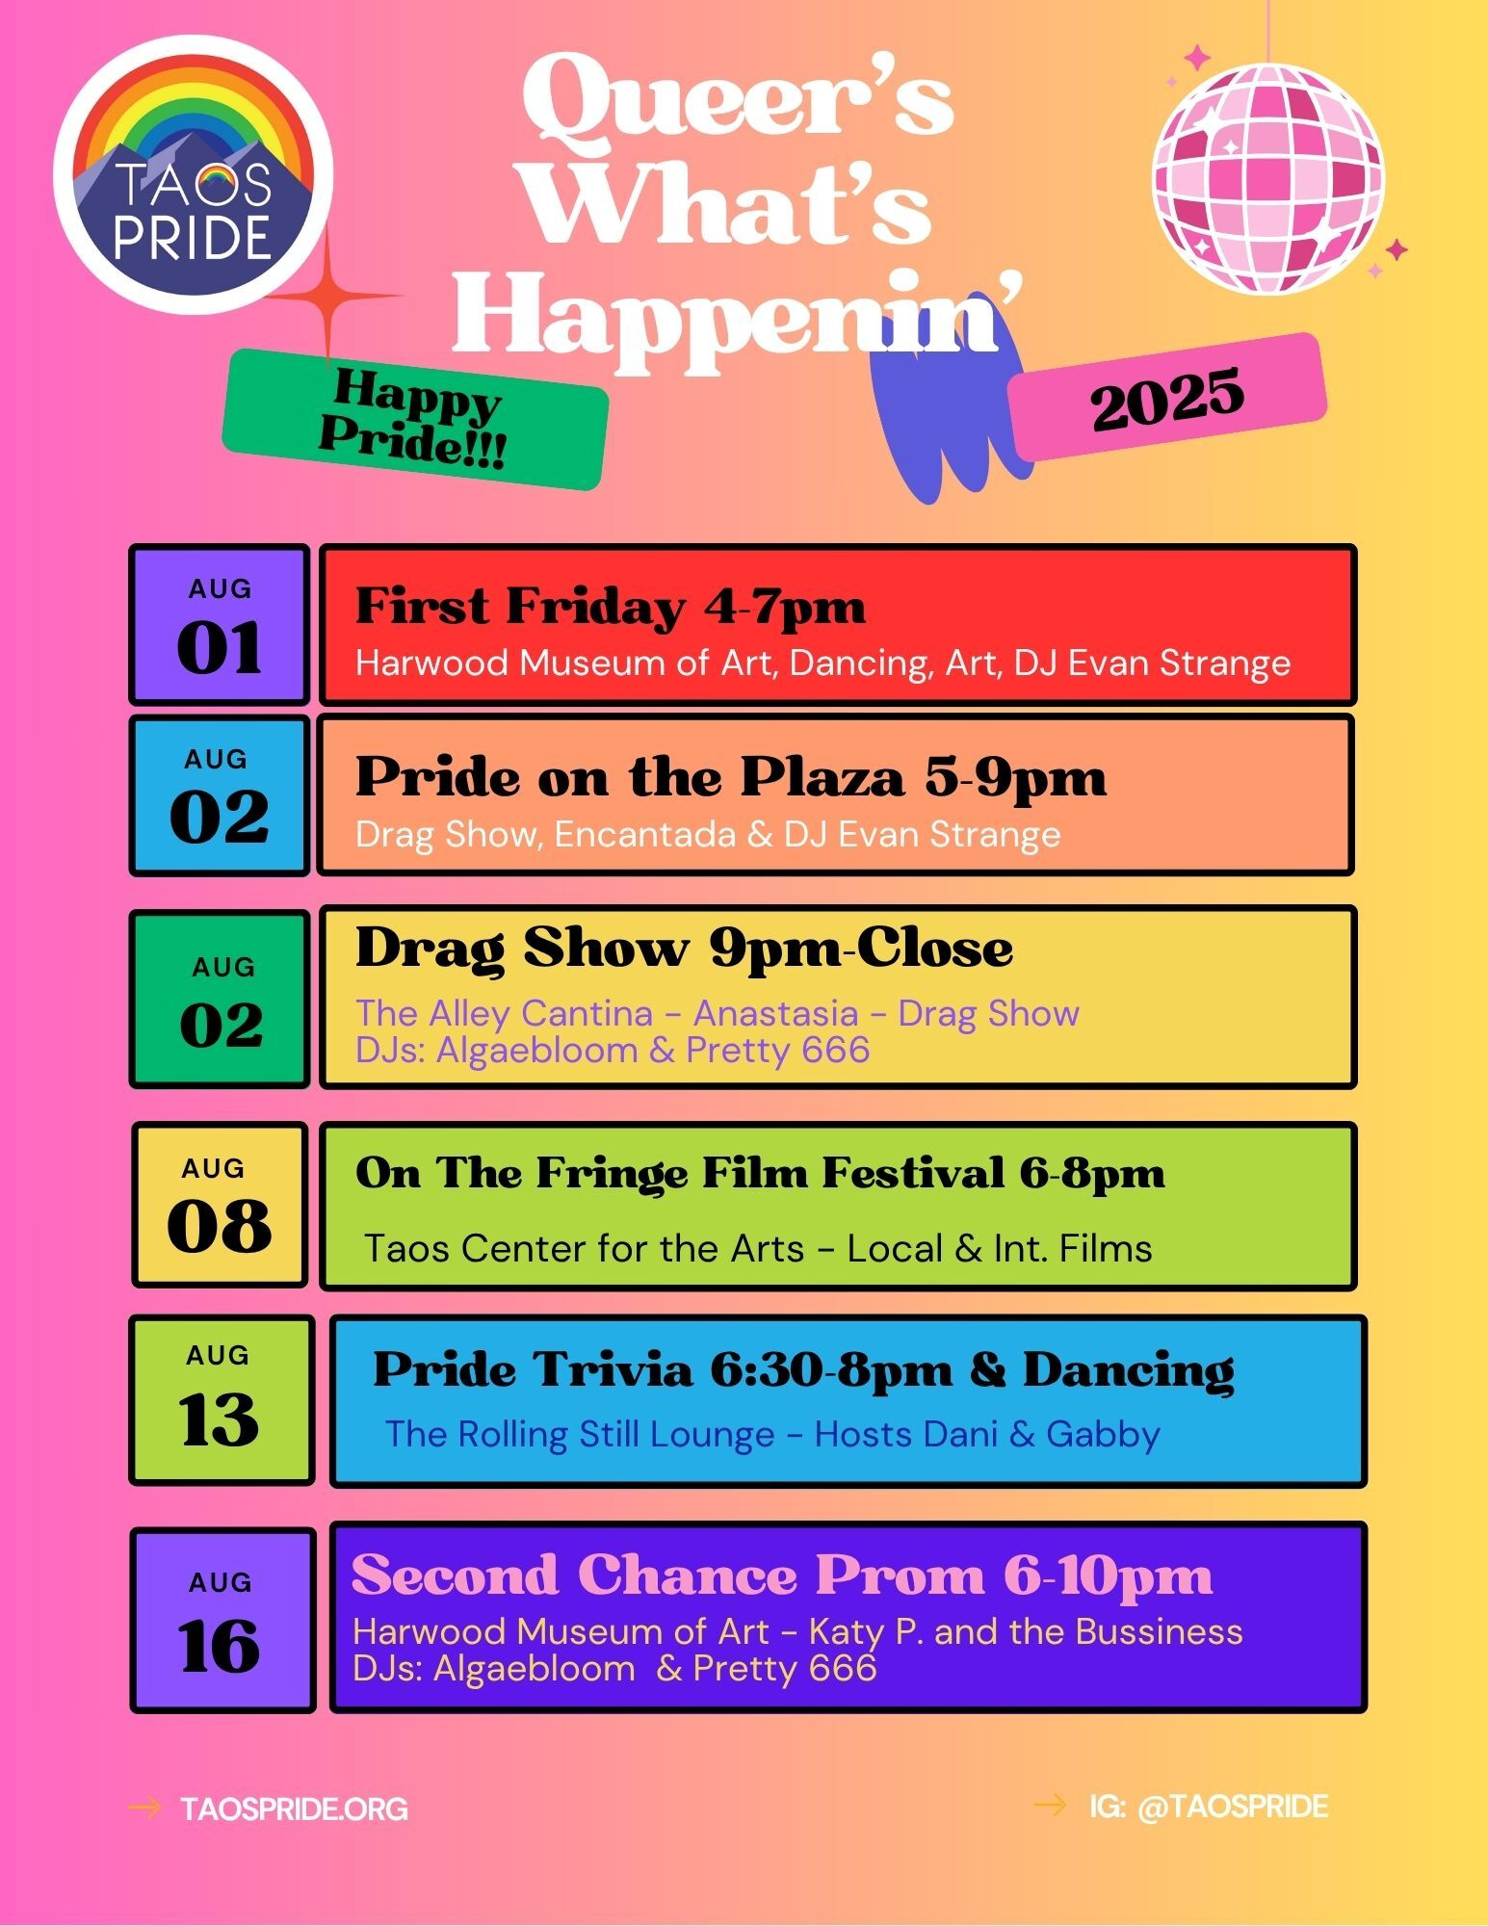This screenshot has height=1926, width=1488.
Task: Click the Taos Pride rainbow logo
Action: (193, 174)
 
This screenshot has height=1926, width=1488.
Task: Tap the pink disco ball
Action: (1267, 178)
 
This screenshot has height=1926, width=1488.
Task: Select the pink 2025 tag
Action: (1167, 397)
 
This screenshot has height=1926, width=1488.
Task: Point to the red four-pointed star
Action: (330, 296)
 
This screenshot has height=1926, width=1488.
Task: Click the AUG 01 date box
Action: (220, 624)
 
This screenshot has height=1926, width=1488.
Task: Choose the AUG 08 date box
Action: (220, 1205)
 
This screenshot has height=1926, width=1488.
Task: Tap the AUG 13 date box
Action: (222, 1400)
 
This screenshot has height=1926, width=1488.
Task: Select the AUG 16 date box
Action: (222, 1620)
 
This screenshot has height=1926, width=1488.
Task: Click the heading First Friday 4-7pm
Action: (611, 607)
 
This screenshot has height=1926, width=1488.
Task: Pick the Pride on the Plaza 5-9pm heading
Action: (731, 777)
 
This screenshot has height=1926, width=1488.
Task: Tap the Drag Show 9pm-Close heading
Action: (684, 949)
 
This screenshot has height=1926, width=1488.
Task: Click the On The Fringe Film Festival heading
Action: (760, 1173)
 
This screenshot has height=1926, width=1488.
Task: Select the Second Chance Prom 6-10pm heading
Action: (782, 1576)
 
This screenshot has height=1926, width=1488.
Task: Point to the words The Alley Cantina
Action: (504, 1013)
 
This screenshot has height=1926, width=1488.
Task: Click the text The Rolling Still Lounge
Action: (580, 1434)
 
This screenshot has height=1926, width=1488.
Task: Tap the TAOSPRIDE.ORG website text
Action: (294, 1809)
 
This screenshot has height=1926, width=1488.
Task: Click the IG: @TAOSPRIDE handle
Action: (1209, 1807)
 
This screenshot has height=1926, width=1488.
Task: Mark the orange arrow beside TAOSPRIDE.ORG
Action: (144, 1808)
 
